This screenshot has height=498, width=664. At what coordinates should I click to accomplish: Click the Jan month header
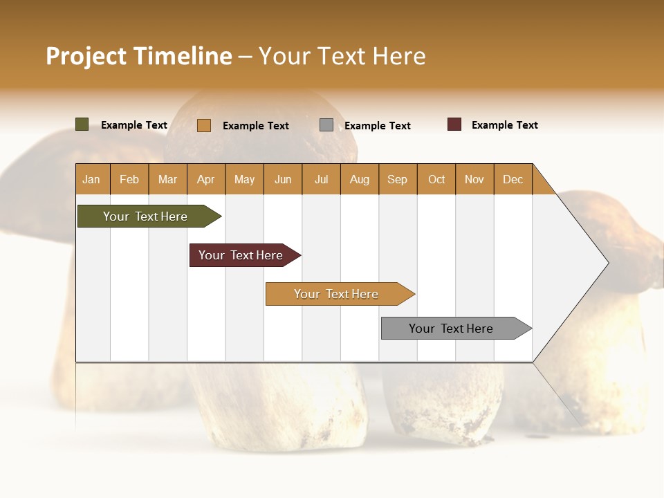[92, 179]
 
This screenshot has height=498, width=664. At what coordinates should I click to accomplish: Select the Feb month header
[129, 179]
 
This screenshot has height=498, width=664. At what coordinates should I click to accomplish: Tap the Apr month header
[206, 179]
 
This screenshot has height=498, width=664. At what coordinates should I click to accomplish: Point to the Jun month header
[283, 179]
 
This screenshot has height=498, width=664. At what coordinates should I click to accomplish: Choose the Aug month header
[360, 179]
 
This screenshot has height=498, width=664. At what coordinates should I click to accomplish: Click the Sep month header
[398, 179]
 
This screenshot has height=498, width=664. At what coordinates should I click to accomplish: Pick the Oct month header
[436, 179]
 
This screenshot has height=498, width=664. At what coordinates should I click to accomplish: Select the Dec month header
[513, 179]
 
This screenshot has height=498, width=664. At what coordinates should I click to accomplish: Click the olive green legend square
[82, 124]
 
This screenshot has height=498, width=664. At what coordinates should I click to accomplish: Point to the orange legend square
[204, 125]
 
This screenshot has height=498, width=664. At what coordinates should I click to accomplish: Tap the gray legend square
[326, 125]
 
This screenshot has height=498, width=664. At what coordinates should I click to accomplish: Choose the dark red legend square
[454, 124]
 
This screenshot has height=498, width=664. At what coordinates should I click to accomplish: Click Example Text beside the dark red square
[504, 125]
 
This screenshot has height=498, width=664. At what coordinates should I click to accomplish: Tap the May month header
[244, 179]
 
